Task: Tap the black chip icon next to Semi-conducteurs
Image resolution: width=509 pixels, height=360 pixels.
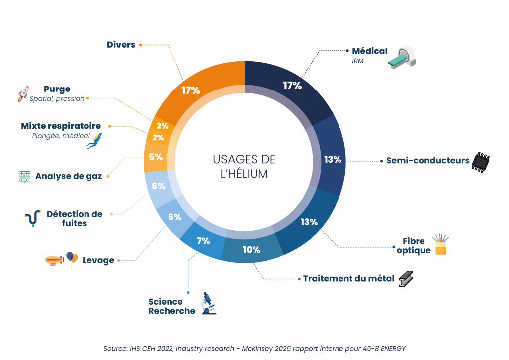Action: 481,162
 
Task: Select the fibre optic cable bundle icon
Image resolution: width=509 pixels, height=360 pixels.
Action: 440,244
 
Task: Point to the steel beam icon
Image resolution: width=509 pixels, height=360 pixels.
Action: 406,279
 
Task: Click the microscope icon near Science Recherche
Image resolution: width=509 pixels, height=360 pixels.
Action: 208,303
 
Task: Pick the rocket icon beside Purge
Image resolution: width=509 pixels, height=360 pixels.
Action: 23,94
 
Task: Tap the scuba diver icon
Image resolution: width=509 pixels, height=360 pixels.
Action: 95,141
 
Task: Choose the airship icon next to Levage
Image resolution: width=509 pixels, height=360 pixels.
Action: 54,261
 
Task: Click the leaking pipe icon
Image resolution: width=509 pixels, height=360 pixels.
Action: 33,218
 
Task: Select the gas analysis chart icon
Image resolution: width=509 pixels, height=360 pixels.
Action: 25,176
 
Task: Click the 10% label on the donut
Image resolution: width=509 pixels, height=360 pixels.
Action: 251,249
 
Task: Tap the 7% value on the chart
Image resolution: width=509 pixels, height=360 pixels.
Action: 203,241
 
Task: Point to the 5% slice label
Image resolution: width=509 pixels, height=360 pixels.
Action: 156,157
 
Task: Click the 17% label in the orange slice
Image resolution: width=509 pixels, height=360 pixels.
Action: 190,90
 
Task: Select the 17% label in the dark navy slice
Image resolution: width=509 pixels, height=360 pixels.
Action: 292,86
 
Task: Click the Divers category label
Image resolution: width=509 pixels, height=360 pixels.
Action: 121,45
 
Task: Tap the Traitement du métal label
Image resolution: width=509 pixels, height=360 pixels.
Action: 348,279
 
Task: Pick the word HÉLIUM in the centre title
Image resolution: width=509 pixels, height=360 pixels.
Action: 244,174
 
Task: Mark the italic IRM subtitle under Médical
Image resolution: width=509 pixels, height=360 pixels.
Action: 358,61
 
